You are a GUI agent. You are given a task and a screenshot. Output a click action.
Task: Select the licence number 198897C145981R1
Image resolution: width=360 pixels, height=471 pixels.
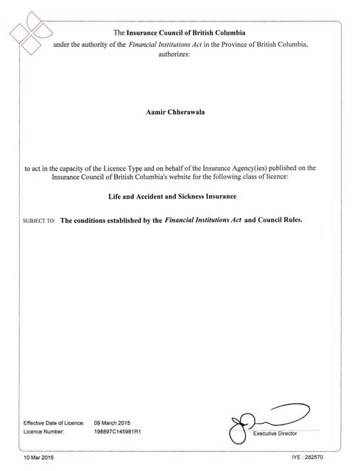click(118, 432)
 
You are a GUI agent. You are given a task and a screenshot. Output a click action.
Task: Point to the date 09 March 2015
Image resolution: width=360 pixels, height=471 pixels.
click(112, 422)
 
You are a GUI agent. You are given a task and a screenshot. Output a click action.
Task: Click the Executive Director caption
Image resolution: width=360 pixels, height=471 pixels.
click(275, 434)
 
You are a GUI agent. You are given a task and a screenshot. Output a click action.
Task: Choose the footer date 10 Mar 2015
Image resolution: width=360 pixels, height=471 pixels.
click(39, 458)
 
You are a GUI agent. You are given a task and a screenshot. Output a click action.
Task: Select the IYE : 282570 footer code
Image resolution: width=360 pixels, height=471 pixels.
click(308, 458)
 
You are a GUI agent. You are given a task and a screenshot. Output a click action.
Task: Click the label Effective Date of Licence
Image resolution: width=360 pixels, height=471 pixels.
click(54, 422)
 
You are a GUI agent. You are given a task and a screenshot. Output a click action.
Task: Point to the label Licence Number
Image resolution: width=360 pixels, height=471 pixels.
click(43, 432)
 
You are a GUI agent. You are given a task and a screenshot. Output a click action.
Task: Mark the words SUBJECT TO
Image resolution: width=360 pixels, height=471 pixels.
click(40, 220)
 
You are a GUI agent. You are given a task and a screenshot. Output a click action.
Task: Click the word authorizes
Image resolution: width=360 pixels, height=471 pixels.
click(174, 55)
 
